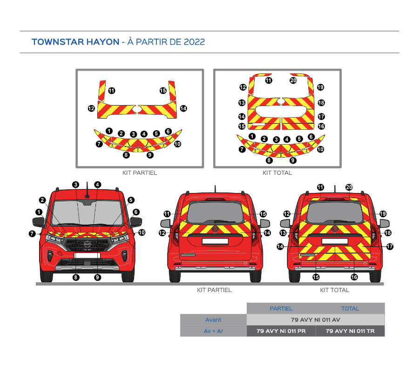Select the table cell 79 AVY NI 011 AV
coord(316,320)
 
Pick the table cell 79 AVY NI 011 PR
coord(281,331)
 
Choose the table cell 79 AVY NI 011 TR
coord(350,331)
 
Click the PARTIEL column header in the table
coord(281,308)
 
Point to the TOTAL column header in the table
coord(350,308)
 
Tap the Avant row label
coord(213,320)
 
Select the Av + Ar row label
coord(213,331)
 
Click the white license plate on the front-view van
coord(88,255)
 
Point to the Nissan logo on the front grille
coord(88,244)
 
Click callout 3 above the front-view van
coord(75,185)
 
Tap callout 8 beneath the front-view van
coord(76,278)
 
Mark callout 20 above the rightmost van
coord(349,187)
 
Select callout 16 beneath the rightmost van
coord(354,277)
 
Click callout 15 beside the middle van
coord(263,214)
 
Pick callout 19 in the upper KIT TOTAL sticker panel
coord(320,87)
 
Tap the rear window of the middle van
coord(216,213)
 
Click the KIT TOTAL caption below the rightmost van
coord(335,290)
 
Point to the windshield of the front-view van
coord(88,213)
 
